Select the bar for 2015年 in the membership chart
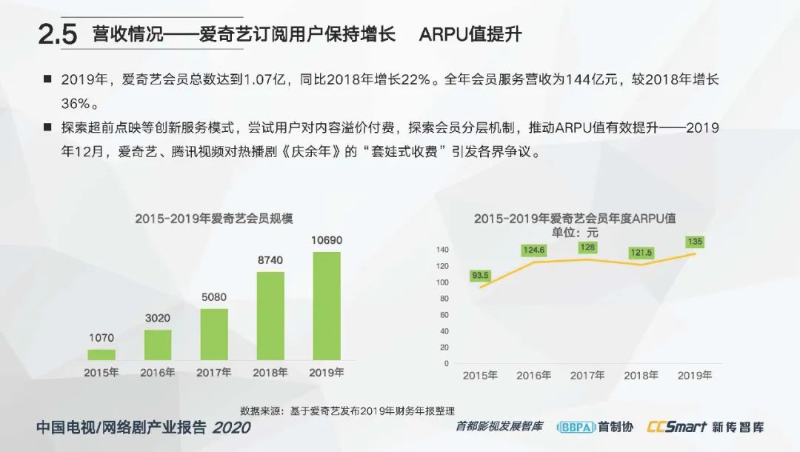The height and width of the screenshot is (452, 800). [x=101, y=354]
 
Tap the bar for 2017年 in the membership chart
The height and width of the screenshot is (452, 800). [x=214, y=333]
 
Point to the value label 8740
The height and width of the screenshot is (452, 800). [x=270, y=261]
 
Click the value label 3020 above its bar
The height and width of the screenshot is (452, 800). [x=158, y=318]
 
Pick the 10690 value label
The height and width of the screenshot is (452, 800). [x=327, y=240]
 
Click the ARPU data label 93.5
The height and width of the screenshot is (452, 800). [x=480, y=276]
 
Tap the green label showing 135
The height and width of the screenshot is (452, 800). [x=695, y=242]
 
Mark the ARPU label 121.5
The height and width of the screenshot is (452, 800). [x=641, y=253]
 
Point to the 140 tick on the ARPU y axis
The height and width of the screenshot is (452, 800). [x=443, y=249]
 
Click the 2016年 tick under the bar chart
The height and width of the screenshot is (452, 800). [x=158, y=373]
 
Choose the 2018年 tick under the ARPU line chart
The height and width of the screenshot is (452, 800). [x=641, y=376]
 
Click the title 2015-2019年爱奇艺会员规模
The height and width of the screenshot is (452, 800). [x=214, y=219]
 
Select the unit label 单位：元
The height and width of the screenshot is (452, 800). [x=575, y=233]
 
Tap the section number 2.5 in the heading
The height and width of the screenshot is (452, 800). [x=58, y=36]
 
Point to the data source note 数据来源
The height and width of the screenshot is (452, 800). [x=347, y=411]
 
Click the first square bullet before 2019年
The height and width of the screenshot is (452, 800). [x=47, y=79]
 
